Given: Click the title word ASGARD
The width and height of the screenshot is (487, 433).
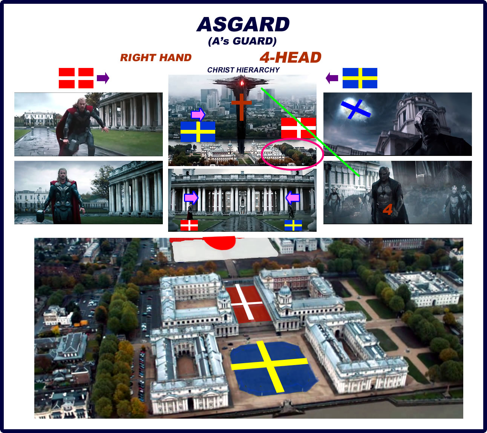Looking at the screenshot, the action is [243, 24].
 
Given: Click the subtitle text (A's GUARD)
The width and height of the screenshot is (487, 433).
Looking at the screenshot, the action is [242, 41].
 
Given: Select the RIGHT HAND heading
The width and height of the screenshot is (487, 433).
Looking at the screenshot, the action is [156, 57].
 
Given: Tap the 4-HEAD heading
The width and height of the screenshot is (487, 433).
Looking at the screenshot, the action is [290, 57].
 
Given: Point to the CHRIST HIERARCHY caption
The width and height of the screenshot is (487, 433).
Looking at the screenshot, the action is [243, 70].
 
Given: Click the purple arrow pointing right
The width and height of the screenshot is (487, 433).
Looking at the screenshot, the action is [103, 78].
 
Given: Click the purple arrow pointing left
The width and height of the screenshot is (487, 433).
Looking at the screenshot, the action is [332, 78].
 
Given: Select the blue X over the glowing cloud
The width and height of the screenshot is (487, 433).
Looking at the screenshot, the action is [356, 109].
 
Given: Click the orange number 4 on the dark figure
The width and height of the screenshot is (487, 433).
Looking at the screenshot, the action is [387, 209].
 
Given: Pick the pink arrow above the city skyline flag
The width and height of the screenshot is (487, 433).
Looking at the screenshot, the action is [198, 115].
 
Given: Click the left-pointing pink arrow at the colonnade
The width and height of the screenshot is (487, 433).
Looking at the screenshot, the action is [293, 198].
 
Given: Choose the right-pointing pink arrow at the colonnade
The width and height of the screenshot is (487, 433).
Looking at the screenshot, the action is [191, 198].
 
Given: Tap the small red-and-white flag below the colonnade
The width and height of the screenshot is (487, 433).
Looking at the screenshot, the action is [189, 225].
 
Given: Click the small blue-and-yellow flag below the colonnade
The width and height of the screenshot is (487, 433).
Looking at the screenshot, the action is [293, 225].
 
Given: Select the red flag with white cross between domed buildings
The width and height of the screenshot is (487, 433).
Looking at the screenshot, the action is [248, 304].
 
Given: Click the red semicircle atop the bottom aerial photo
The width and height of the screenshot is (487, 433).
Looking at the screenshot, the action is [219, 242].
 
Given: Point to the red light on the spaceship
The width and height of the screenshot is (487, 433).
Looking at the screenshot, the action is [242, 83].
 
